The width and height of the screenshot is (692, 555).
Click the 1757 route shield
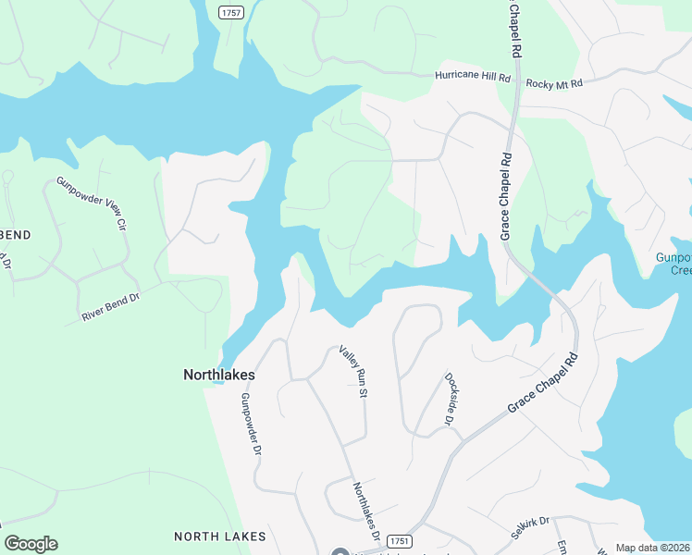pos(232,12)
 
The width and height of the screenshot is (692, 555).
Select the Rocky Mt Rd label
pos(554,84)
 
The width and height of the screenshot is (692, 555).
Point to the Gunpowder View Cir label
pos(91,203)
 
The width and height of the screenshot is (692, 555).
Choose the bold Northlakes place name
pos(218,376)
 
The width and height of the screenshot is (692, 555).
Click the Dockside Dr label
pos(451,399)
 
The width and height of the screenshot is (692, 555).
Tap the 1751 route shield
pos(399,540)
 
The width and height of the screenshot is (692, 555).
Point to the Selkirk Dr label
pos(530,528)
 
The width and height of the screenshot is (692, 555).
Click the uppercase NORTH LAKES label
pos(220,536)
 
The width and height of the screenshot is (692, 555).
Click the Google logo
pos(31,544)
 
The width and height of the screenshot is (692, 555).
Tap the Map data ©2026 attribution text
pos(653,548)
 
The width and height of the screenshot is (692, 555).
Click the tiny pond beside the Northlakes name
pos(216,383)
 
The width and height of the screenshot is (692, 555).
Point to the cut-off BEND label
pos(16,235)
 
